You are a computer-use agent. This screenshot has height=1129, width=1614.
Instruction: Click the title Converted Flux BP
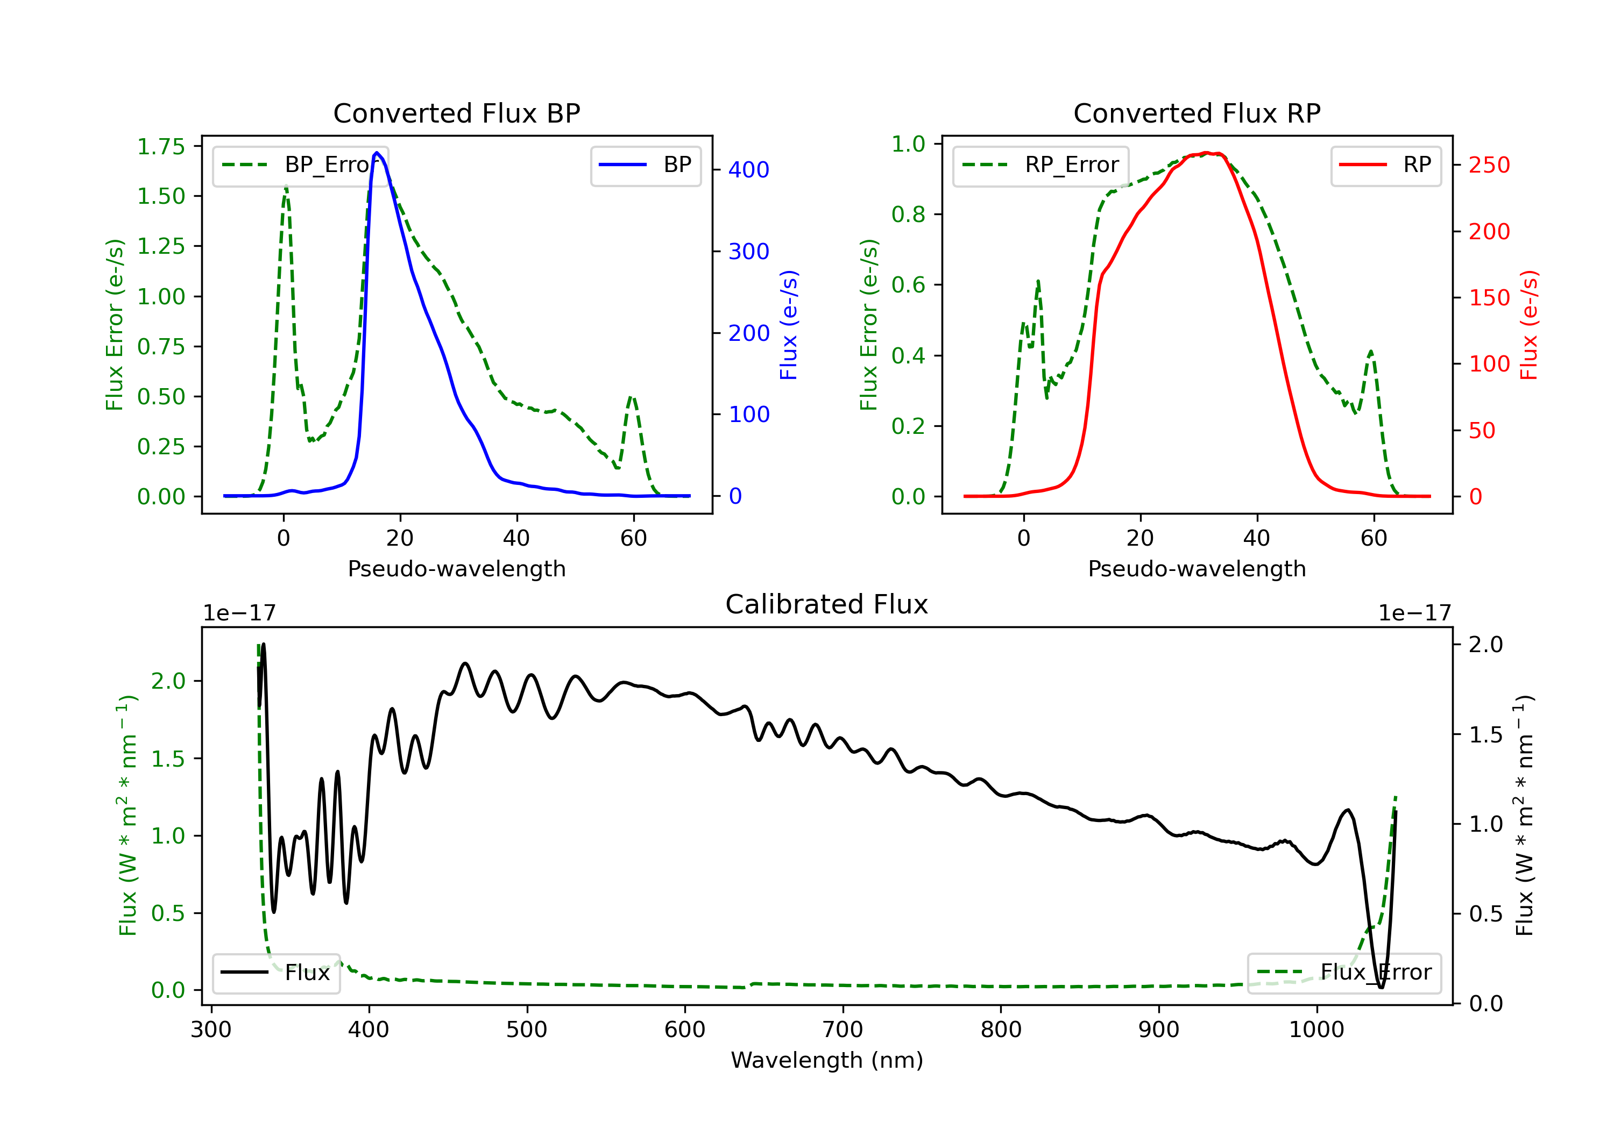(456, 113)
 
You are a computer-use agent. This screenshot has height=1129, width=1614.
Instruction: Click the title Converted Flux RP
(1197, 113)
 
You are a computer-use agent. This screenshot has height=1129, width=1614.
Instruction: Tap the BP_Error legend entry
(300, 165)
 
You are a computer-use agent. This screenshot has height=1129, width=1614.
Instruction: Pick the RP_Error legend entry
(1040, 165)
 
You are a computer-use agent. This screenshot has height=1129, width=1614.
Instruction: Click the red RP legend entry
(1385, 165)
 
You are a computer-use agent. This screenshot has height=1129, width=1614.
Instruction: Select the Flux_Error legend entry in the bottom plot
(1343, 973)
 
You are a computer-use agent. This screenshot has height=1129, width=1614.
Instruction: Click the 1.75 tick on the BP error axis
(161, 146)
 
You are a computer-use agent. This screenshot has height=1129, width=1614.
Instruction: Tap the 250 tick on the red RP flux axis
(1489, 165)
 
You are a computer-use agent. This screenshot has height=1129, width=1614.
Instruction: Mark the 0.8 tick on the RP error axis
(908, 215)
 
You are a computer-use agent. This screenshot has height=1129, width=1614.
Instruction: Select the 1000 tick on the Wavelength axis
(1316, 1030)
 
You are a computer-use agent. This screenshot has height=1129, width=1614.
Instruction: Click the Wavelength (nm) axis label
(827, 1060)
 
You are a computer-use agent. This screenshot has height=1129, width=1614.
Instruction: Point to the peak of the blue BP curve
(377, 153)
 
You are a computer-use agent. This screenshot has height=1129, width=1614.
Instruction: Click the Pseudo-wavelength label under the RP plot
(1197, 569)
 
